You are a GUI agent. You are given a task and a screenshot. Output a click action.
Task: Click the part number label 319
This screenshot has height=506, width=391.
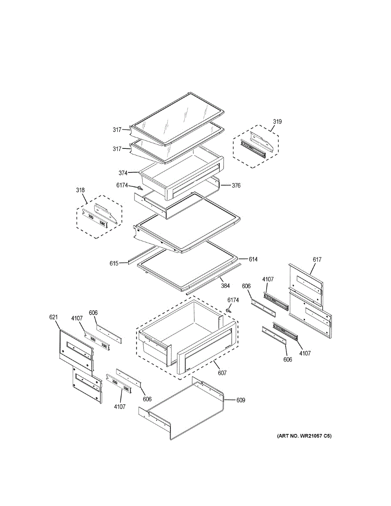click(x=277, y=122)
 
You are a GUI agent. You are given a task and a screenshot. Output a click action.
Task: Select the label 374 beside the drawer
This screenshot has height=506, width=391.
click(x=123, y=173)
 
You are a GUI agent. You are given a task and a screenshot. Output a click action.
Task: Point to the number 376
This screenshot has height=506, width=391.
click(x=236, y=186)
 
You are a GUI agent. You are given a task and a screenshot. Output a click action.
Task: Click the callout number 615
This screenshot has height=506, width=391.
click(x=114, y=264)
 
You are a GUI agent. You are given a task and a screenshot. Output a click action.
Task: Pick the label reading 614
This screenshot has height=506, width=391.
click(x=253, y=259)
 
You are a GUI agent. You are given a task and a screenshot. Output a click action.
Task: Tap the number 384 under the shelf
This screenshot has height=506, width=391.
click(x=225, y=286)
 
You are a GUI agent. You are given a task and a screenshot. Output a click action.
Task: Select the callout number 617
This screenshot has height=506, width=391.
click(x=317, y=260)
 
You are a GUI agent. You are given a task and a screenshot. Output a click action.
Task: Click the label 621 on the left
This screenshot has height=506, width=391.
click(x=54, y=318)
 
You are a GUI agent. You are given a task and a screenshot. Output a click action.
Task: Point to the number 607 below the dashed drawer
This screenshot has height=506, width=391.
click(x=222, y=373)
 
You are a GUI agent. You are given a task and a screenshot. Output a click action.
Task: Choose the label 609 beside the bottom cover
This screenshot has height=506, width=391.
click(x=240, y=400)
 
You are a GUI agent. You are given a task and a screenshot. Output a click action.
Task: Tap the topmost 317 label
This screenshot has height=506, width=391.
click(x=117, y=130)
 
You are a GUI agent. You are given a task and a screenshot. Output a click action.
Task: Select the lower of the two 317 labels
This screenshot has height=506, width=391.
click(x=117, y=149)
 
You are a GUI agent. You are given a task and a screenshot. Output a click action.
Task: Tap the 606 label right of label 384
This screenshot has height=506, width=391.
click(x=247, y=286)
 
